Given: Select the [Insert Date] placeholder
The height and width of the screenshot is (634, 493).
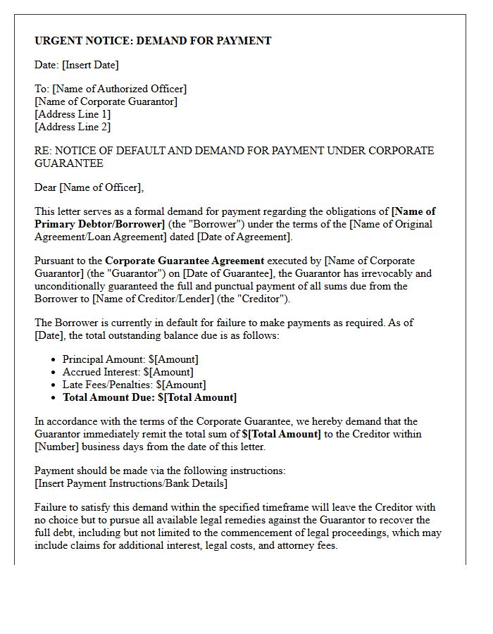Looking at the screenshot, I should coord(90,65).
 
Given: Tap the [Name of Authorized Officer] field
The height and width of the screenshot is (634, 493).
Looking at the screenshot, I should coord(120,89).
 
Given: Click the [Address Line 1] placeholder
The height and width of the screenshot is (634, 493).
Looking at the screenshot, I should coord(73,114).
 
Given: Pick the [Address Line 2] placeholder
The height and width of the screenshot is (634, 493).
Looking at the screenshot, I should coord(73,127).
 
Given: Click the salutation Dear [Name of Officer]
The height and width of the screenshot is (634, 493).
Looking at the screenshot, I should coord(89,187).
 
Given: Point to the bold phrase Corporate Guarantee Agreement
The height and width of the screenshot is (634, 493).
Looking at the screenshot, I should coord(185,261).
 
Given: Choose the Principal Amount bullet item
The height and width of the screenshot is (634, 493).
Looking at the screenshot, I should coord(130,359).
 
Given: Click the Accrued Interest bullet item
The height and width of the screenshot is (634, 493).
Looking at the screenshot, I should coord(127,372).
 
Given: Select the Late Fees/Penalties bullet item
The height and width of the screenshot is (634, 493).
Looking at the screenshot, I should coord(134,385).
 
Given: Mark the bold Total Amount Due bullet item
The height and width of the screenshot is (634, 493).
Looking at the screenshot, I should coord(149,397).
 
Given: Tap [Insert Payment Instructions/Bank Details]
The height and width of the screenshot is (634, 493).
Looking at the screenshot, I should coord(131,483).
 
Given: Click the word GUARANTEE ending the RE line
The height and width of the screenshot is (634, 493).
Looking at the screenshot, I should coord(69,163).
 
